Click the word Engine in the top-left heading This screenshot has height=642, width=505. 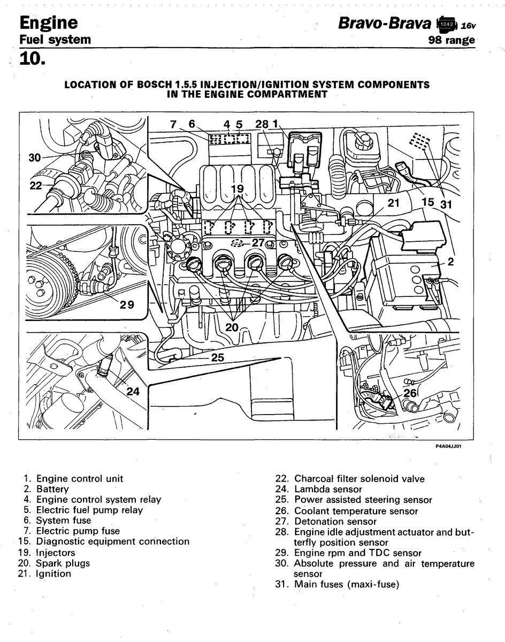coord(49,22)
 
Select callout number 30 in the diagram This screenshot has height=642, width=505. coord(34,158)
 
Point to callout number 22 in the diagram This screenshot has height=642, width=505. coord(36,186)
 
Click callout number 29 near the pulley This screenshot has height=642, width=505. coord(127,305)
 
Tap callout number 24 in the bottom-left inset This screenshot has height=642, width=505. coord(133,391)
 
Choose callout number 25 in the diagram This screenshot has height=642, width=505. coord(217,357)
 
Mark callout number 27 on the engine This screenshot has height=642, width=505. coord(258,242)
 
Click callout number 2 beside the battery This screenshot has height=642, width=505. coord(450,262)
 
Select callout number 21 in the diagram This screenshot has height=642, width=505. coord(394,203)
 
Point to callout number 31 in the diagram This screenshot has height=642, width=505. coord(446,203)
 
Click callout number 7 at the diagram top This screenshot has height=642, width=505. coord(173,124)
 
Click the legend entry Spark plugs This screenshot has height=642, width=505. coord(63,563)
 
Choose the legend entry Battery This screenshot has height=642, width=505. coord(52,489)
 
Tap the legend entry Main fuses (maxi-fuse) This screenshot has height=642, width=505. coord(346,584)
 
